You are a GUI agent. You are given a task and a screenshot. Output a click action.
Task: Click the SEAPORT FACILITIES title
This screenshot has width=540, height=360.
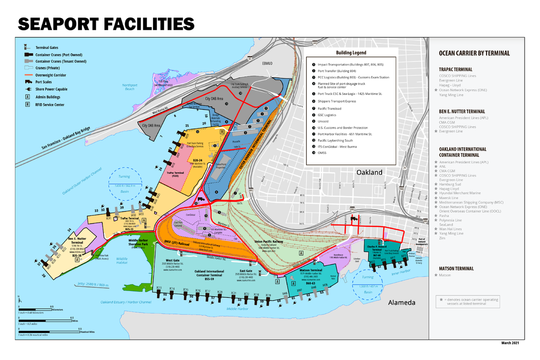coord(106,24)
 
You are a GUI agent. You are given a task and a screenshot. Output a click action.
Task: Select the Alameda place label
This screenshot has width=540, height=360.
coord(401,302)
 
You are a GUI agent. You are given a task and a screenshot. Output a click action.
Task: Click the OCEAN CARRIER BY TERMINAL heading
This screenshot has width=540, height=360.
coord(474,53)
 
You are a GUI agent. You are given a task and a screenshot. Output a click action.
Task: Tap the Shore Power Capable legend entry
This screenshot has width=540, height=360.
coord(51,89)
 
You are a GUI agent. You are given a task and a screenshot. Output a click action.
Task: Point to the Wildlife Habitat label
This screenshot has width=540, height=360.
coord(121,261)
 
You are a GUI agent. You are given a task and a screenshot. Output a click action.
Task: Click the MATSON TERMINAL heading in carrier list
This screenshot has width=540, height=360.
coord(456,269)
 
